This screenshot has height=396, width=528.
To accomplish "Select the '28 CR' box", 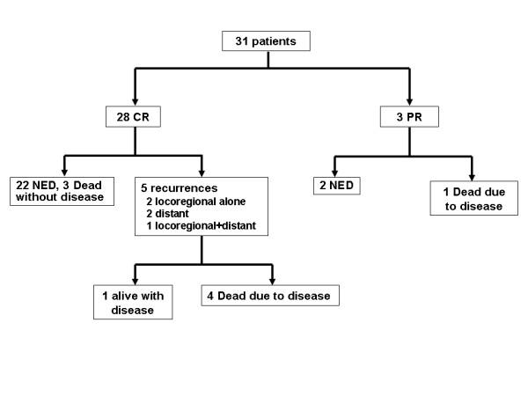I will (x=132, y=118).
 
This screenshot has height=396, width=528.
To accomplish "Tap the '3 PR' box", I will (x=409, y=118).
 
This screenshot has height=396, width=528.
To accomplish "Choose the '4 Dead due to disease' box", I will (x=270, y=296).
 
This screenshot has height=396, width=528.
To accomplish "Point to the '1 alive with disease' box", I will (x=133, y=301).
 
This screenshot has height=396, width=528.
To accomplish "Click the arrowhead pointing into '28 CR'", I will (x=132, y=99).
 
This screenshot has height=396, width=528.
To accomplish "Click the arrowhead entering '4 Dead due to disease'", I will (x=270, y=279).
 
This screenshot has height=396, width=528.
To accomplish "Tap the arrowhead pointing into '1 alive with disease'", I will (x=133, y=279).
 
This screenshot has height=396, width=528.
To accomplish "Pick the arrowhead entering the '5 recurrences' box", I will (x=202, y=171).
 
